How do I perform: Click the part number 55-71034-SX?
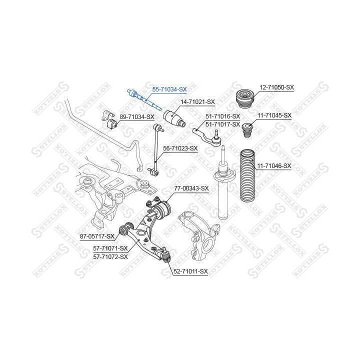[169, 89]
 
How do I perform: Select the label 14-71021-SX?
[197, 101]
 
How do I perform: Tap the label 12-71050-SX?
[276, 87]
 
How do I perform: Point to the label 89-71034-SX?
[137, 117]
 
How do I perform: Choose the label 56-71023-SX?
[180, 148]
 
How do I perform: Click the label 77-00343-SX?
[191, 188]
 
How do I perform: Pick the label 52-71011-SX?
[190, 271]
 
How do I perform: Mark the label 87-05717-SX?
[97, 236]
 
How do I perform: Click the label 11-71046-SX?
[274, 165]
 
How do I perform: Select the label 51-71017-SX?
[222, 124]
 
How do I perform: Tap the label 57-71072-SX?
[110, 256]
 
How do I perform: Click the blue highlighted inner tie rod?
[144, 99]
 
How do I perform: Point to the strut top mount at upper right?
[245, 98]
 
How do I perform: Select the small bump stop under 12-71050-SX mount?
[247, 130]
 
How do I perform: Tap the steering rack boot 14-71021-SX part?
[174, 118]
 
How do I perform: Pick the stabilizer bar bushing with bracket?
[109, 119]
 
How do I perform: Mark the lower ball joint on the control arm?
[166, 254]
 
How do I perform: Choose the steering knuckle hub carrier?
[199, 233]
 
